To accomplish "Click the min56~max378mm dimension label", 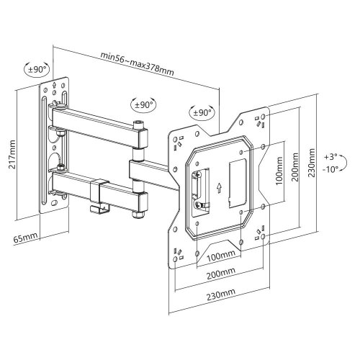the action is coord(137,63).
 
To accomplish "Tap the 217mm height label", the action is coord(12,155).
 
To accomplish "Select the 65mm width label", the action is coord(25,238).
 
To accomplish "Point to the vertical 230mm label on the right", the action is coord(312,163).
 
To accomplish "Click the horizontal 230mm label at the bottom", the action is coord(221,294).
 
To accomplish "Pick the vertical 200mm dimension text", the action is coord(295,167).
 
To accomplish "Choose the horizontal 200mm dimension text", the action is coord(221,274).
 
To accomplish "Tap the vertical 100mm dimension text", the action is coord(279,171).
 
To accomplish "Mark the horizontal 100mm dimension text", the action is coord(221,256).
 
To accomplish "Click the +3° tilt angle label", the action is coord(330,157).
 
